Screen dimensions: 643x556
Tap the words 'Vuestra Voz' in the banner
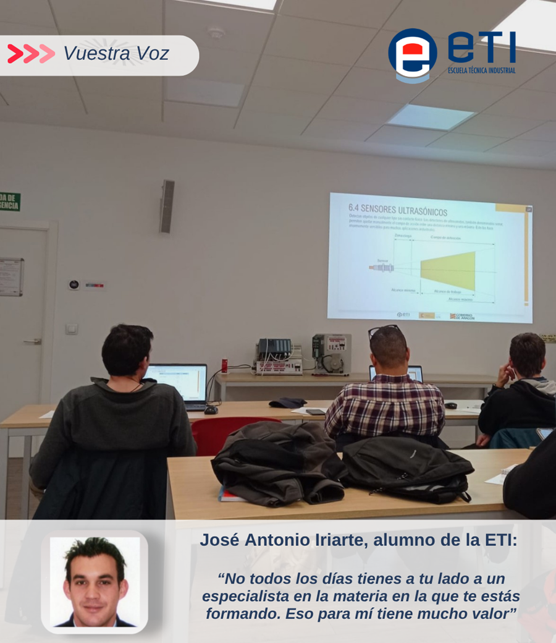tap(116, 54)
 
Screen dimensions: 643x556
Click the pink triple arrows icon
tap(31, 54)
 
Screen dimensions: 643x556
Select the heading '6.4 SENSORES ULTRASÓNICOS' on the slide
tap(398, 209)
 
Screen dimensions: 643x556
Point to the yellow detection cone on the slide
tap(448, 269)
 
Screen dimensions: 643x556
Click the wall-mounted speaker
tap(167, 207)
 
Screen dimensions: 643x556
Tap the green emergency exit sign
tap(9, 202)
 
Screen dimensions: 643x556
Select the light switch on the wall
tap(72, 329)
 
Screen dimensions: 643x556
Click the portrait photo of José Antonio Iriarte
tap(95, 582)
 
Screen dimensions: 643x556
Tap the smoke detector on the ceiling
tap(216, 32)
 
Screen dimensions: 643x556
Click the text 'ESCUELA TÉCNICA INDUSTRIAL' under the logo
tap(481, 70)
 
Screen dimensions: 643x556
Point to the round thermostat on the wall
tap(74, 284)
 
